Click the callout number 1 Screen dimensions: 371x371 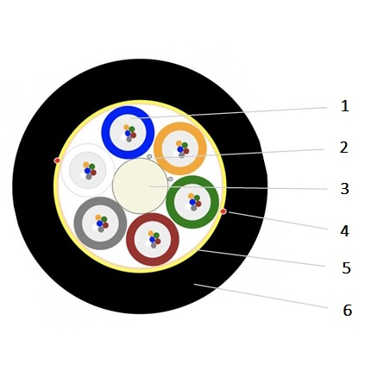pyautogui.click(x=345, y=106)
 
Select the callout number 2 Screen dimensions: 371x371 pyautogui.click(x=344, y=148)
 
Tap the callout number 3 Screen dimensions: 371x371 pyautogui.click(x=344, y=189)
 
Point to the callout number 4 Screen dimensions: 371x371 pyautogui.click(x=344, y=231)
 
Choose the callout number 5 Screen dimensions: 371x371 pyautogui.click(x=346, y=268)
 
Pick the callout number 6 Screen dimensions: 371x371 pyautogui.click(x=348, y=311)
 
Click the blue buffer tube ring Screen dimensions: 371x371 pyautogui.click(x=105, y=132)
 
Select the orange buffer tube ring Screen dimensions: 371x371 pyautogui.click(x=158, y=148)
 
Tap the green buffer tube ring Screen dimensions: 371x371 pyautogui.click(x=171, y=202)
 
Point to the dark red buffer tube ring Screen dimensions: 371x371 pyautogui.click(x=130, y=239)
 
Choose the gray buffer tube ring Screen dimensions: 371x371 pyautogui.click(x=79, y=223)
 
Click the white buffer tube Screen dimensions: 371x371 pyautogui.click(x=88, y=170)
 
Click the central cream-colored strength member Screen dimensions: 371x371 pyautogui.click(x=140, y=185)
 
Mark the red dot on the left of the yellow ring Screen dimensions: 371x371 pyautogui.click(x=57, y=160)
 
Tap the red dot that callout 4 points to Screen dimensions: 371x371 pyautogui.click(x=223, y=211)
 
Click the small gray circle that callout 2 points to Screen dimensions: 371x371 pyautogui.click(x=149, y=156)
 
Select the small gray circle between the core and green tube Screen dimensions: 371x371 pyautogui.click(x=170, y=179)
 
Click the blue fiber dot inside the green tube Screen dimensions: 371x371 pyautogui.click(x=192, y=202)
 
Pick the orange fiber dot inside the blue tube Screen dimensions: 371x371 pyautogui.click(x=126, y=127)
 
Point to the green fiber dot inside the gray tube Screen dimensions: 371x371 pyautogui.click(x=104, y=219)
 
